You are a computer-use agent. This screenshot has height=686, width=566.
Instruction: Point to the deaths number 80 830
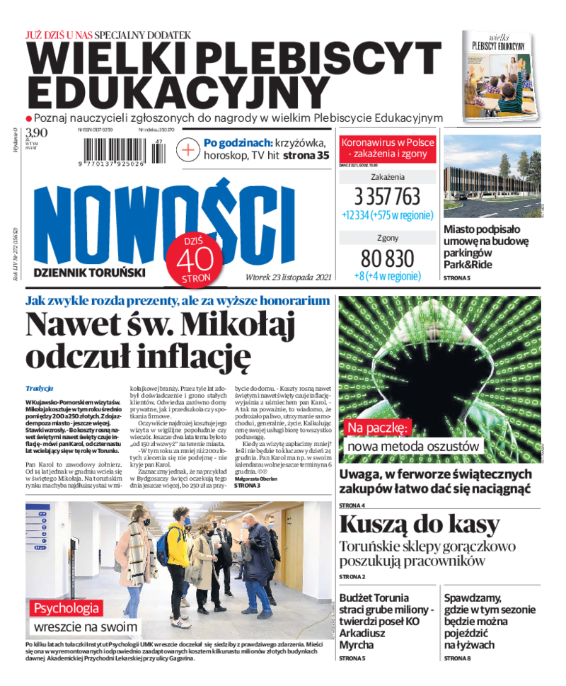[386, 258]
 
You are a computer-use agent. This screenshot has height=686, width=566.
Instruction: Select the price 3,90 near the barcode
[36, 132]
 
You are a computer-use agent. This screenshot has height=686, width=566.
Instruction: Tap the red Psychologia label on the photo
[68, 607]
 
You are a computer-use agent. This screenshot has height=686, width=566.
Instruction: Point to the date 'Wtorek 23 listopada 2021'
[289, 277]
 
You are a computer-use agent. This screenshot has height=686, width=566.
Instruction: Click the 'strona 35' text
[306, 156]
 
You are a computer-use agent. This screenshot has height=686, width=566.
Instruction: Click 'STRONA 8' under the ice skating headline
[458, 658]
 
